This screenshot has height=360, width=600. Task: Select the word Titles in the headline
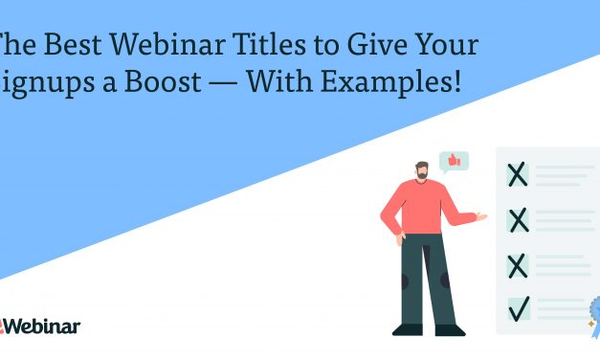pos(256,45)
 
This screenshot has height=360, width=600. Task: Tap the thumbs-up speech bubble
pos(452,161)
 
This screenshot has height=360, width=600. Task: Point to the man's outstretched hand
pos(481,217)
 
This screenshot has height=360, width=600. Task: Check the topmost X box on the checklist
pos(518,175)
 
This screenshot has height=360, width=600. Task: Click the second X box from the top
pos(518,220)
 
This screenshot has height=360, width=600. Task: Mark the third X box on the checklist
pos(518,263)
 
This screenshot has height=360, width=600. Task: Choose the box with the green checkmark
pos(518,308)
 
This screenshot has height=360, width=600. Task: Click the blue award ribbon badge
pos(591,311)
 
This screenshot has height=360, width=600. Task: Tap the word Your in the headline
pos(446,45)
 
